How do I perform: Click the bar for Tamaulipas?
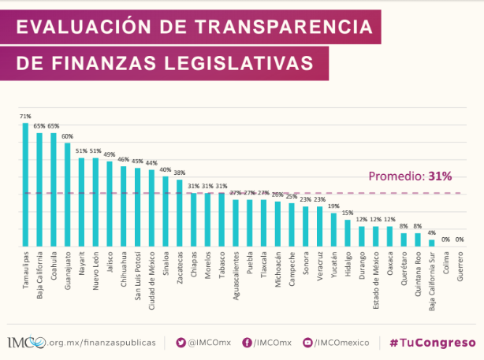(x=25, y=184)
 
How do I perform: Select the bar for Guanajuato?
(x=68, y=194)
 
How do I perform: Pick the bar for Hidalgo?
(x=347, y=233)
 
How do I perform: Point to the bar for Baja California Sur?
(x=431, y=243)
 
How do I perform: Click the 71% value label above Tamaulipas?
(x=25, y=117)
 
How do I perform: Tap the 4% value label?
(x=431, y=232)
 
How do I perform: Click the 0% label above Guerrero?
(x=460, y=239)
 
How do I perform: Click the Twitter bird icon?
(x=181, y=343)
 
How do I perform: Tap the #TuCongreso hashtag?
(x=433, y=343)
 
